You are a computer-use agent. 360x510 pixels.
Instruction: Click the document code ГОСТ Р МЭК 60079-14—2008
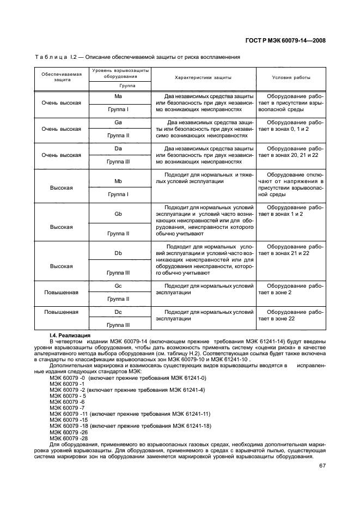(x=285, y=40)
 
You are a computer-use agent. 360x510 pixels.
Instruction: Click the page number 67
(x=321, y=465)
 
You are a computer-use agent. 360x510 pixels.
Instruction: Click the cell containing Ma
(x=118, y=96)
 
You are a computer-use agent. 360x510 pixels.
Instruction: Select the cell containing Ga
(x=118, y=122)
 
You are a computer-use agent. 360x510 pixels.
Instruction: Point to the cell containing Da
(x=118, y=148)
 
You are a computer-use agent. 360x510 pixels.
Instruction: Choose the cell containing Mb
(x=118, y=181)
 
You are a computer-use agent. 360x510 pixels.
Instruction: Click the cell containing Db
(x=118, y=253)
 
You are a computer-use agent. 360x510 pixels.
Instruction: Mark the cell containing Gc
(x=118, y=286)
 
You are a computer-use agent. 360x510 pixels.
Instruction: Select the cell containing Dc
(x=118, y=312)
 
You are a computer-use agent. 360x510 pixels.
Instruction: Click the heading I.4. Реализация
(x=70, y=335)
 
